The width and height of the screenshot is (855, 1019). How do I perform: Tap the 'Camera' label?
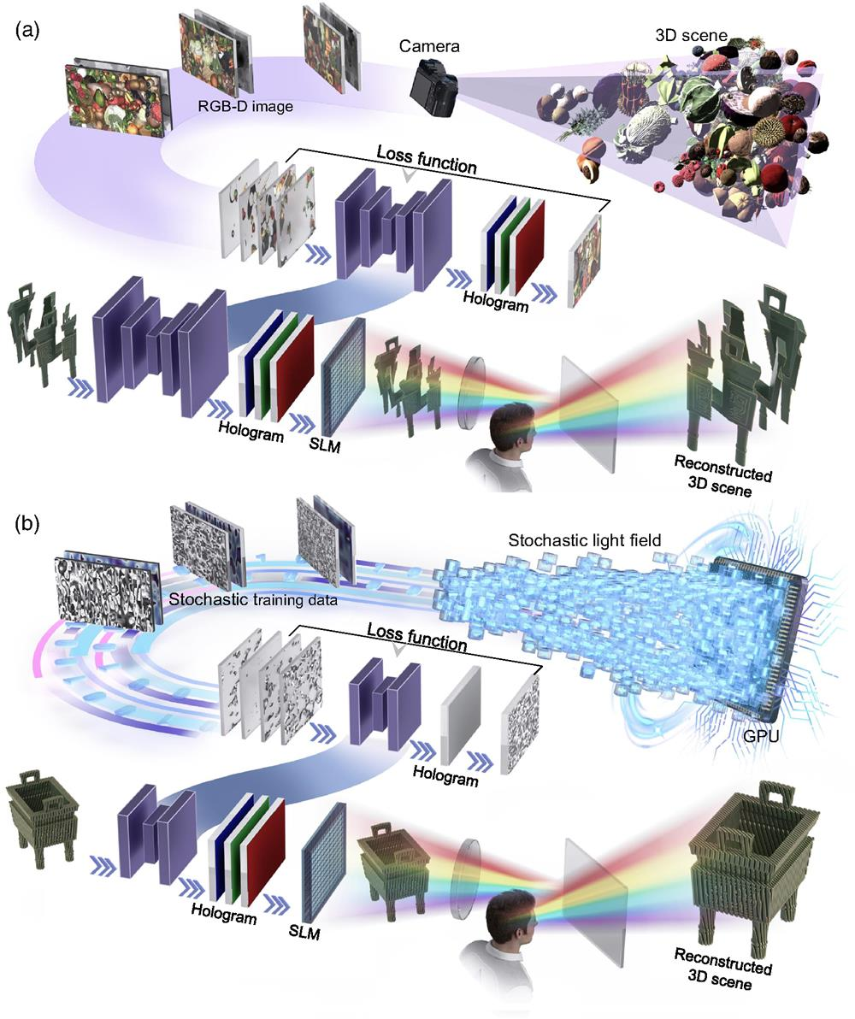pos(429,46)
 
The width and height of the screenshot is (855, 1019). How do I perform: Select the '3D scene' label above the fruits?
pos(691,35)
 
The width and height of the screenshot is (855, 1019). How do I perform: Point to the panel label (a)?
pos(27,31)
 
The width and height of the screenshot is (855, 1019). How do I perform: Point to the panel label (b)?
pos(27,523)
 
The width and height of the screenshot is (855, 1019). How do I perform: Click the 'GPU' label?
pos(761,737)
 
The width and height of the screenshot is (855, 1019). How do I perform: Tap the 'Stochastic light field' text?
pos(585,539)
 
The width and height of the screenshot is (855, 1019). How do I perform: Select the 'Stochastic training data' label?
pos(253,599)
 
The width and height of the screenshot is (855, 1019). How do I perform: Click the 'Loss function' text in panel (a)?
pos(427,160)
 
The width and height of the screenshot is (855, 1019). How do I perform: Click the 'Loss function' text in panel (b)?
pos(416,636)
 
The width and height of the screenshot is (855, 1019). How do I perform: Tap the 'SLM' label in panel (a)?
pos(325,445)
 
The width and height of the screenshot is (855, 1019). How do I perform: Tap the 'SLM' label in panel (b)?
pos(304,933)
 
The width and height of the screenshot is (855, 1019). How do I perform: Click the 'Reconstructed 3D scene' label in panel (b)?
pos(722,969)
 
